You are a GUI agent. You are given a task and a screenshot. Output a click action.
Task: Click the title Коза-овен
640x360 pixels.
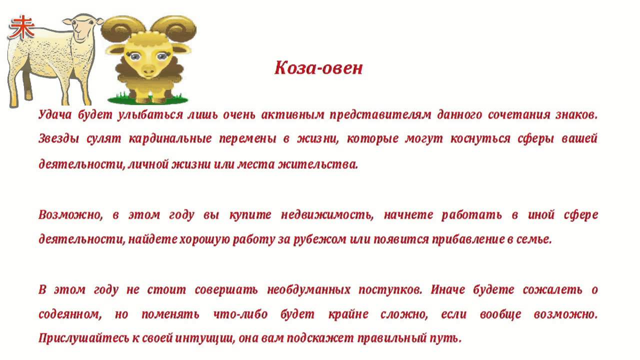318,68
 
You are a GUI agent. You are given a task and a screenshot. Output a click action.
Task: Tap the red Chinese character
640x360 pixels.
21,27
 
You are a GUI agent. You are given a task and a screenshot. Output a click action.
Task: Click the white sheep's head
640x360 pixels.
83,28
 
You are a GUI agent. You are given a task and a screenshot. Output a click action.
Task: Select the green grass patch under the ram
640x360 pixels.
148,99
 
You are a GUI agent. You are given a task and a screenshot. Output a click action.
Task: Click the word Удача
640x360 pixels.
55,114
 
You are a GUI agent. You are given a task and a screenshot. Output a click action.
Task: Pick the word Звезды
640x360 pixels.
58,139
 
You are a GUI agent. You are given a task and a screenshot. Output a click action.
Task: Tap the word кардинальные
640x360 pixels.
170,139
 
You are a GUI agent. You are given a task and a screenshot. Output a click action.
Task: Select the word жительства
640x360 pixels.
318,164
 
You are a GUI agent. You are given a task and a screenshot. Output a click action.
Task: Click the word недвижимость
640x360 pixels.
327,215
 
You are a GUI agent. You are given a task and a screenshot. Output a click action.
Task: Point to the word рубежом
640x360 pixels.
319,239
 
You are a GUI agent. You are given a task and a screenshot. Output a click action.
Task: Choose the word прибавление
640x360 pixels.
468,239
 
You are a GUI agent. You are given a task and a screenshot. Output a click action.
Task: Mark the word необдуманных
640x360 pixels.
308,290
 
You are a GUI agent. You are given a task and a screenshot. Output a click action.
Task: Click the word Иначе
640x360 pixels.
447,290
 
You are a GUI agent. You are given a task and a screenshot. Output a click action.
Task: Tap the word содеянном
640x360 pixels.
70,314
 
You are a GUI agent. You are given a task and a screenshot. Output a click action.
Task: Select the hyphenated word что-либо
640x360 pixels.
240,314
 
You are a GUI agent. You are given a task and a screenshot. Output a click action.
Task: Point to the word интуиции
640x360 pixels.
204,338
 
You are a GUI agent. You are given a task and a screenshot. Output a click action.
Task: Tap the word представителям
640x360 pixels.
380,115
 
